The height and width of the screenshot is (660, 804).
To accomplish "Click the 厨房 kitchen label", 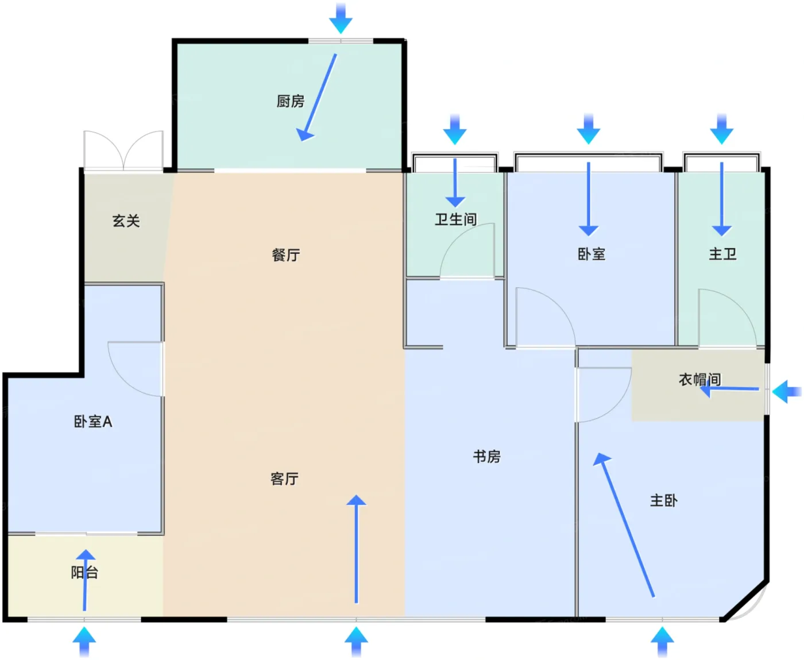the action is (290, 102).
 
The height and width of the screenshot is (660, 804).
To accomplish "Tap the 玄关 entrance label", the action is (126, 221).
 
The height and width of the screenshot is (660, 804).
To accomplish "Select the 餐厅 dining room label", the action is (286, 254).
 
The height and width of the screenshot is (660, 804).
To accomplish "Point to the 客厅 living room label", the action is (284, 478).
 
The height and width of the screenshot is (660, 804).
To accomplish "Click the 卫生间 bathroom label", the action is (456, 219).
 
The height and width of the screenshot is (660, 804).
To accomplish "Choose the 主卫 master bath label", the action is (722, 254).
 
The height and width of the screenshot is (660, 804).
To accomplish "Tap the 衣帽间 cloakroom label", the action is (699, 379).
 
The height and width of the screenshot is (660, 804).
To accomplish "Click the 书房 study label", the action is (487, 457).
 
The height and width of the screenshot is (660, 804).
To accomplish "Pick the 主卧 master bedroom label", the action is (664, 500).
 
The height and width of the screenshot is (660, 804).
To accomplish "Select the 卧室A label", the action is (93, 421).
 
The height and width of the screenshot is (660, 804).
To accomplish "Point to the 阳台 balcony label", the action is (84, 572).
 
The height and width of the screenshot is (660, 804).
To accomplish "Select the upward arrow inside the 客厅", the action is (357, 549).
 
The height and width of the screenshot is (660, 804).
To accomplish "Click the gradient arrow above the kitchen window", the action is (341, 18).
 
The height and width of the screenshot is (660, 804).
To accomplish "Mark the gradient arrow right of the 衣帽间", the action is (787, 391).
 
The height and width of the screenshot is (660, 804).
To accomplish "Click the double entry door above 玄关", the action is (123, 150).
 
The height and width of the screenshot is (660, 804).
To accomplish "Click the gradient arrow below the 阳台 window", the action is (84, 642).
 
